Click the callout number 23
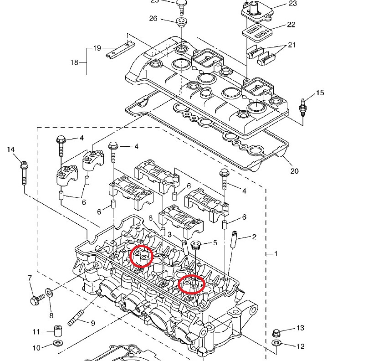coord(292,4)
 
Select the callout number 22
coord(291,25)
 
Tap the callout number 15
coord(320,93)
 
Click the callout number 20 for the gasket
coord(294,171)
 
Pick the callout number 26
coord(153,19)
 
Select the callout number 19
coord(97,48)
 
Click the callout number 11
coord(36,331)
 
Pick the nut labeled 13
coord(276,332)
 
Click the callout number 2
coord(254,237)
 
